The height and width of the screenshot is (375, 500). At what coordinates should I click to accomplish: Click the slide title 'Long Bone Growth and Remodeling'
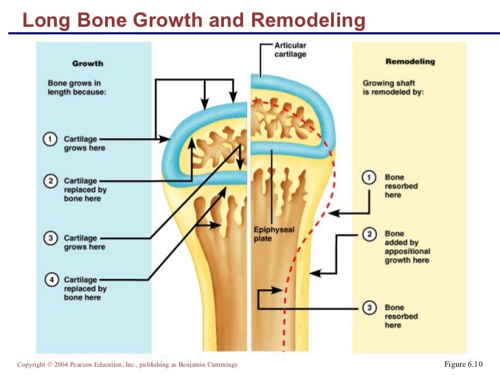coord(194,21)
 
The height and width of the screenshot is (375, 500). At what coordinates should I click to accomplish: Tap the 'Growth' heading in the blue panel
coord(87,64)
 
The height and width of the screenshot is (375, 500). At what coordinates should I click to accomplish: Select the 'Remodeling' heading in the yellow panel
coord(410,62)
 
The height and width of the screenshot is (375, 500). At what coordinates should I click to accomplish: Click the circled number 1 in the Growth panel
coord(51,139)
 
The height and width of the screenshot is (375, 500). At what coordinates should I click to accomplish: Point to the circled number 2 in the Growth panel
coord(51,181)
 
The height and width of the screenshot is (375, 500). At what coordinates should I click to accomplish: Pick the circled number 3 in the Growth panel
coord(51,238)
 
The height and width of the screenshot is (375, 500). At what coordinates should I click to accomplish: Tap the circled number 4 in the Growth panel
coord(51,280)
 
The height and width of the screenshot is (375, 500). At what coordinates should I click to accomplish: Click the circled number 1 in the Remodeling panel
coord(370,178)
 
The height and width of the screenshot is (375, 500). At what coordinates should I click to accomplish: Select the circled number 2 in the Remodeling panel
coord(370,235)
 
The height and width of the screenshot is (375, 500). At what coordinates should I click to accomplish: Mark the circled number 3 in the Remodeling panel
coord(370,308)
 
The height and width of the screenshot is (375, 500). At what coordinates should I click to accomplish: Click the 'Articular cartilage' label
coord(291,49)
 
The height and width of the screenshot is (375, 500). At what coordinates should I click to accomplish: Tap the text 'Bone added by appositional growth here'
coord(407,247)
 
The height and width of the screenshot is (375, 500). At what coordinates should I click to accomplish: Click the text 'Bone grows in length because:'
coord(77,88)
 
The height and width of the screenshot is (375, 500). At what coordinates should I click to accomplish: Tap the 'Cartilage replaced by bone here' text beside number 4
coord(85,288)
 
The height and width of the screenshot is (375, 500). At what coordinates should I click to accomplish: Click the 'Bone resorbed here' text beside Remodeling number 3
coord(395,316)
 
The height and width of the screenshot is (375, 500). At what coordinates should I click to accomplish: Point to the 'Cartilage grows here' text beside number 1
coord(84,144)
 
